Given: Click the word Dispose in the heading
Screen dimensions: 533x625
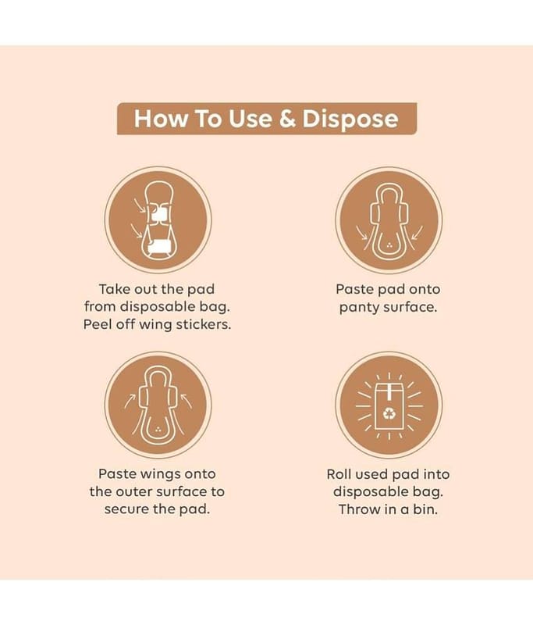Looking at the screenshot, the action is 350,119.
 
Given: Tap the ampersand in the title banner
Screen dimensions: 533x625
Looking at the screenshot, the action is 287,119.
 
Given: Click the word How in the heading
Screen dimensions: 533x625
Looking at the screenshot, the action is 160,119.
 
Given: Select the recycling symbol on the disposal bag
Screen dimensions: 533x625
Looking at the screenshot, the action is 389,414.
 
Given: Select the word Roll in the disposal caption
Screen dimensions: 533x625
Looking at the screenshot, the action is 339,474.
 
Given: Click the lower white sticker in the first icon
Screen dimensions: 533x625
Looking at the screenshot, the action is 160,246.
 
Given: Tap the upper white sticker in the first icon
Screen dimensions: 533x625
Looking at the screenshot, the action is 159,213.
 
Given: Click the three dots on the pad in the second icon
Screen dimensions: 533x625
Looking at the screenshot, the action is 389,245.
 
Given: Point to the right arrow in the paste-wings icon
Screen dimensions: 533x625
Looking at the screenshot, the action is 186,400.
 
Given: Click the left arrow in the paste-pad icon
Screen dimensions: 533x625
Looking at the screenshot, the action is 362,233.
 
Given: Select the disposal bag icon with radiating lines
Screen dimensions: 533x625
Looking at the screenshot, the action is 389,406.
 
